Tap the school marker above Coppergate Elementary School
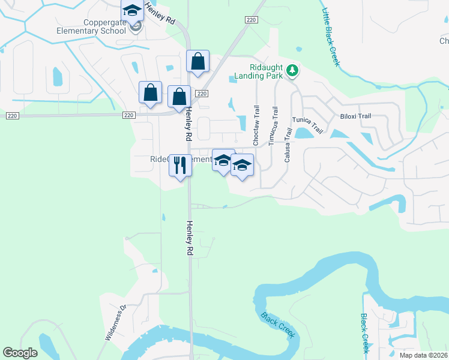131,11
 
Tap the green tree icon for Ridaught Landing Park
293,71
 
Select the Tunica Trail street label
307,125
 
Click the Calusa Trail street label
288,145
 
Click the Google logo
20,353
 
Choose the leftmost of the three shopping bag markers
150,94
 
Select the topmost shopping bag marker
197,62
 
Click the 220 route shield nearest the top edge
250,20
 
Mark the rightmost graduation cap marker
242,166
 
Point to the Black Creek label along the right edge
364,333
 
